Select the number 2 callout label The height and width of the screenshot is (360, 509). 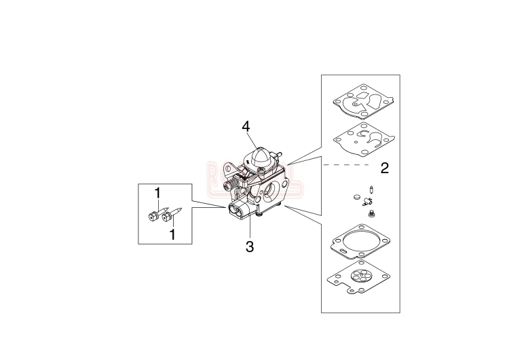click(x=385, y=167)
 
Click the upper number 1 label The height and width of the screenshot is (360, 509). click(x=157, y=194)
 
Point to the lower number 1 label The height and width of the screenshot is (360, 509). click(x=172, y=234)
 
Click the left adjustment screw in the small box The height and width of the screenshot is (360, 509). click(x=153, y=217)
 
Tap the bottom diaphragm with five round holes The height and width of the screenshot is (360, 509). click(x=358, y=279)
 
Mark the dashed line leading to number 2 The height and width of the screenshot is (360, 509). click(x=346, y=165)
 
